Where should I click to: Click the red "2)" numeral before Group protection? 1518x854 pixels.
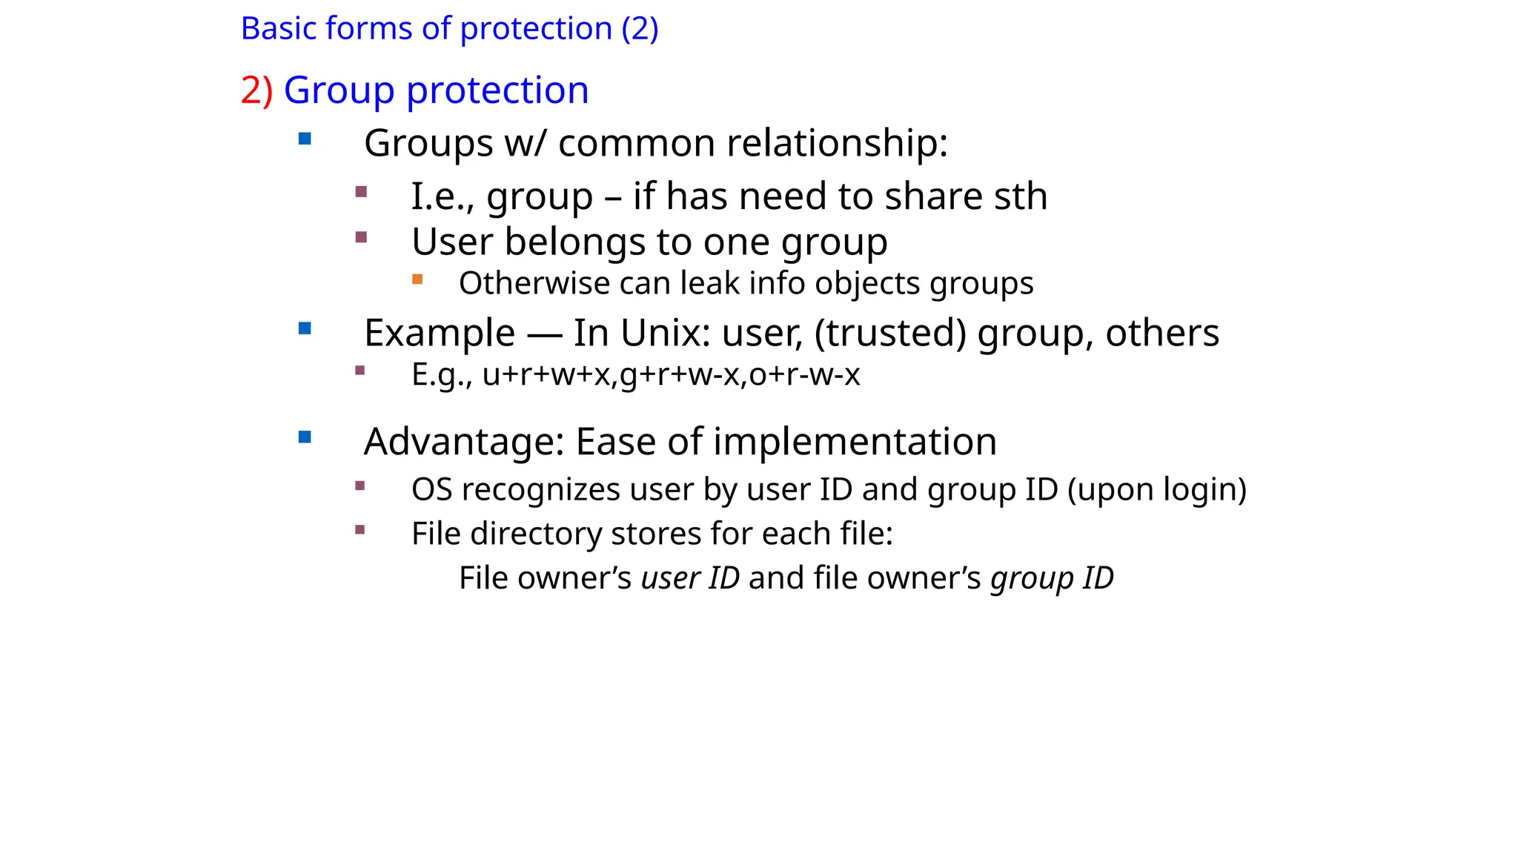click(256, 90)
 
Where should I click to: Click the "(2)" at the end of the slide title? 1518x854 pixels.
click(640, 29)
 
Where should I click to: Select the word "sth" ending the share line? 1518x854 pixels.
click(1021, 196)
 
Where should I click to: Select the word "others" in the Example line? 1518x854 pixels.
click(1162, 333)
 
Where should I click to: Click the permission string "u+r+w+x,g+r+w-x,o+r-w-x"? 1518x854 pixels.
click(671, 374)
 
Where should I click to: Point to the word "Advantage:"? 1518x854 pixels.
click(464, 442)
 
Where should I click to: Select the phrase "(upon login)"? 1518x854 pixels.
click(1157, 489)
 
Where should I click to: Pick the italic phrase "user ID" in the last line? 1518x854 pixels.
click(690, 578)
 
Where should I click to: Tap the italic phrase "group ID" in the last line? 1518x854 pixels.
click(1052, 578)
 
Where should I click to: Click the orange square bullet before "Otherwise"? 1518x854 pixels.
click(417, 279)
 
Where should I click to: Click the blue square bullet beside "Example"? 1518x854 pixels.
click(305, 328)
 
